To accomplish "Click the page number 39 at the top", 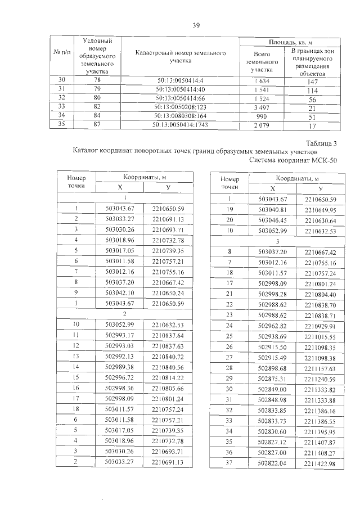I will coord(196,25).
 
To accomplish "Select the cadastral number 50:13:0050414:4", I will coord(181,82).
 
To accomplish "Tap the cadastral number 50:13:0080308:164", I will coord(181,115).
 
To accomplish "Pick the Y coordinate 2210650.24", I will coord(168,293).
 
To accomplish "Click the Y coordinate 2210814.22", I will coord(168,379).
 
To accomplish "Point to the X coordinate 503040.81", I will coord(272,210).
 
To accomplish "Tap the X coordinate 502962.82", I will coord(272,326).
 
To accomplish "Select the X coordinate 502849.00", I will coord(272,389).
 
